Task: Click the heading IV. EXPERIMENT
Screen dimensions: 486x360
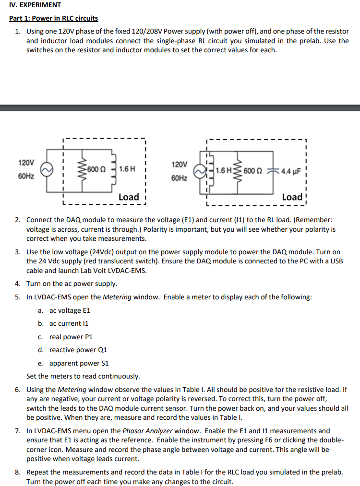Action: (35, 5)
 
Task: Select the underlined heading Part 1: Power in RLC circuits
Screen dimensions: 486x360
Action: (54, 18)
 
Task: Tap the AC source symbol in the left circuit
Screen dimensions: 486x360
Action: (47, 170)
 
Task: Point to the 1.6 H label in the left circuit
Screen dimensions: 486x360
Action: (127, 169)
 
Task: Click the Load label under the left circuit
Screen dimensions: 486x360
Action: (129, 197)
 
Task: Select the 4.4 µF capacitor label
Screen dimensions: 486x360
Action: (290, 170)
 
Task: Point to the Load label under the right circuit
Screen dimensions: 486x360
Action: (292, 197)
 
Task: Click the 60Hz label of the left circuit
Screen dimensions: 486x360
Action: (26, 177)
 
